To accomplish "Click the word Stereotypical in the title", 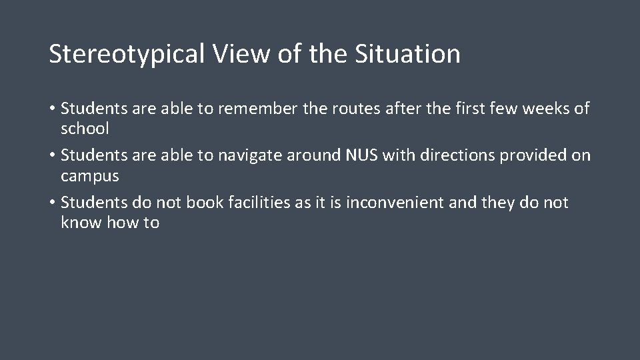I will coord(126,55).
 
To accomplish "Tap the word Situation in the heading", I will coord(407,55).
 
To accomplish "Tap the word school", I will coord(85,128).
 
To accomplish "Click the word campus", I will coord(90,175).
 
